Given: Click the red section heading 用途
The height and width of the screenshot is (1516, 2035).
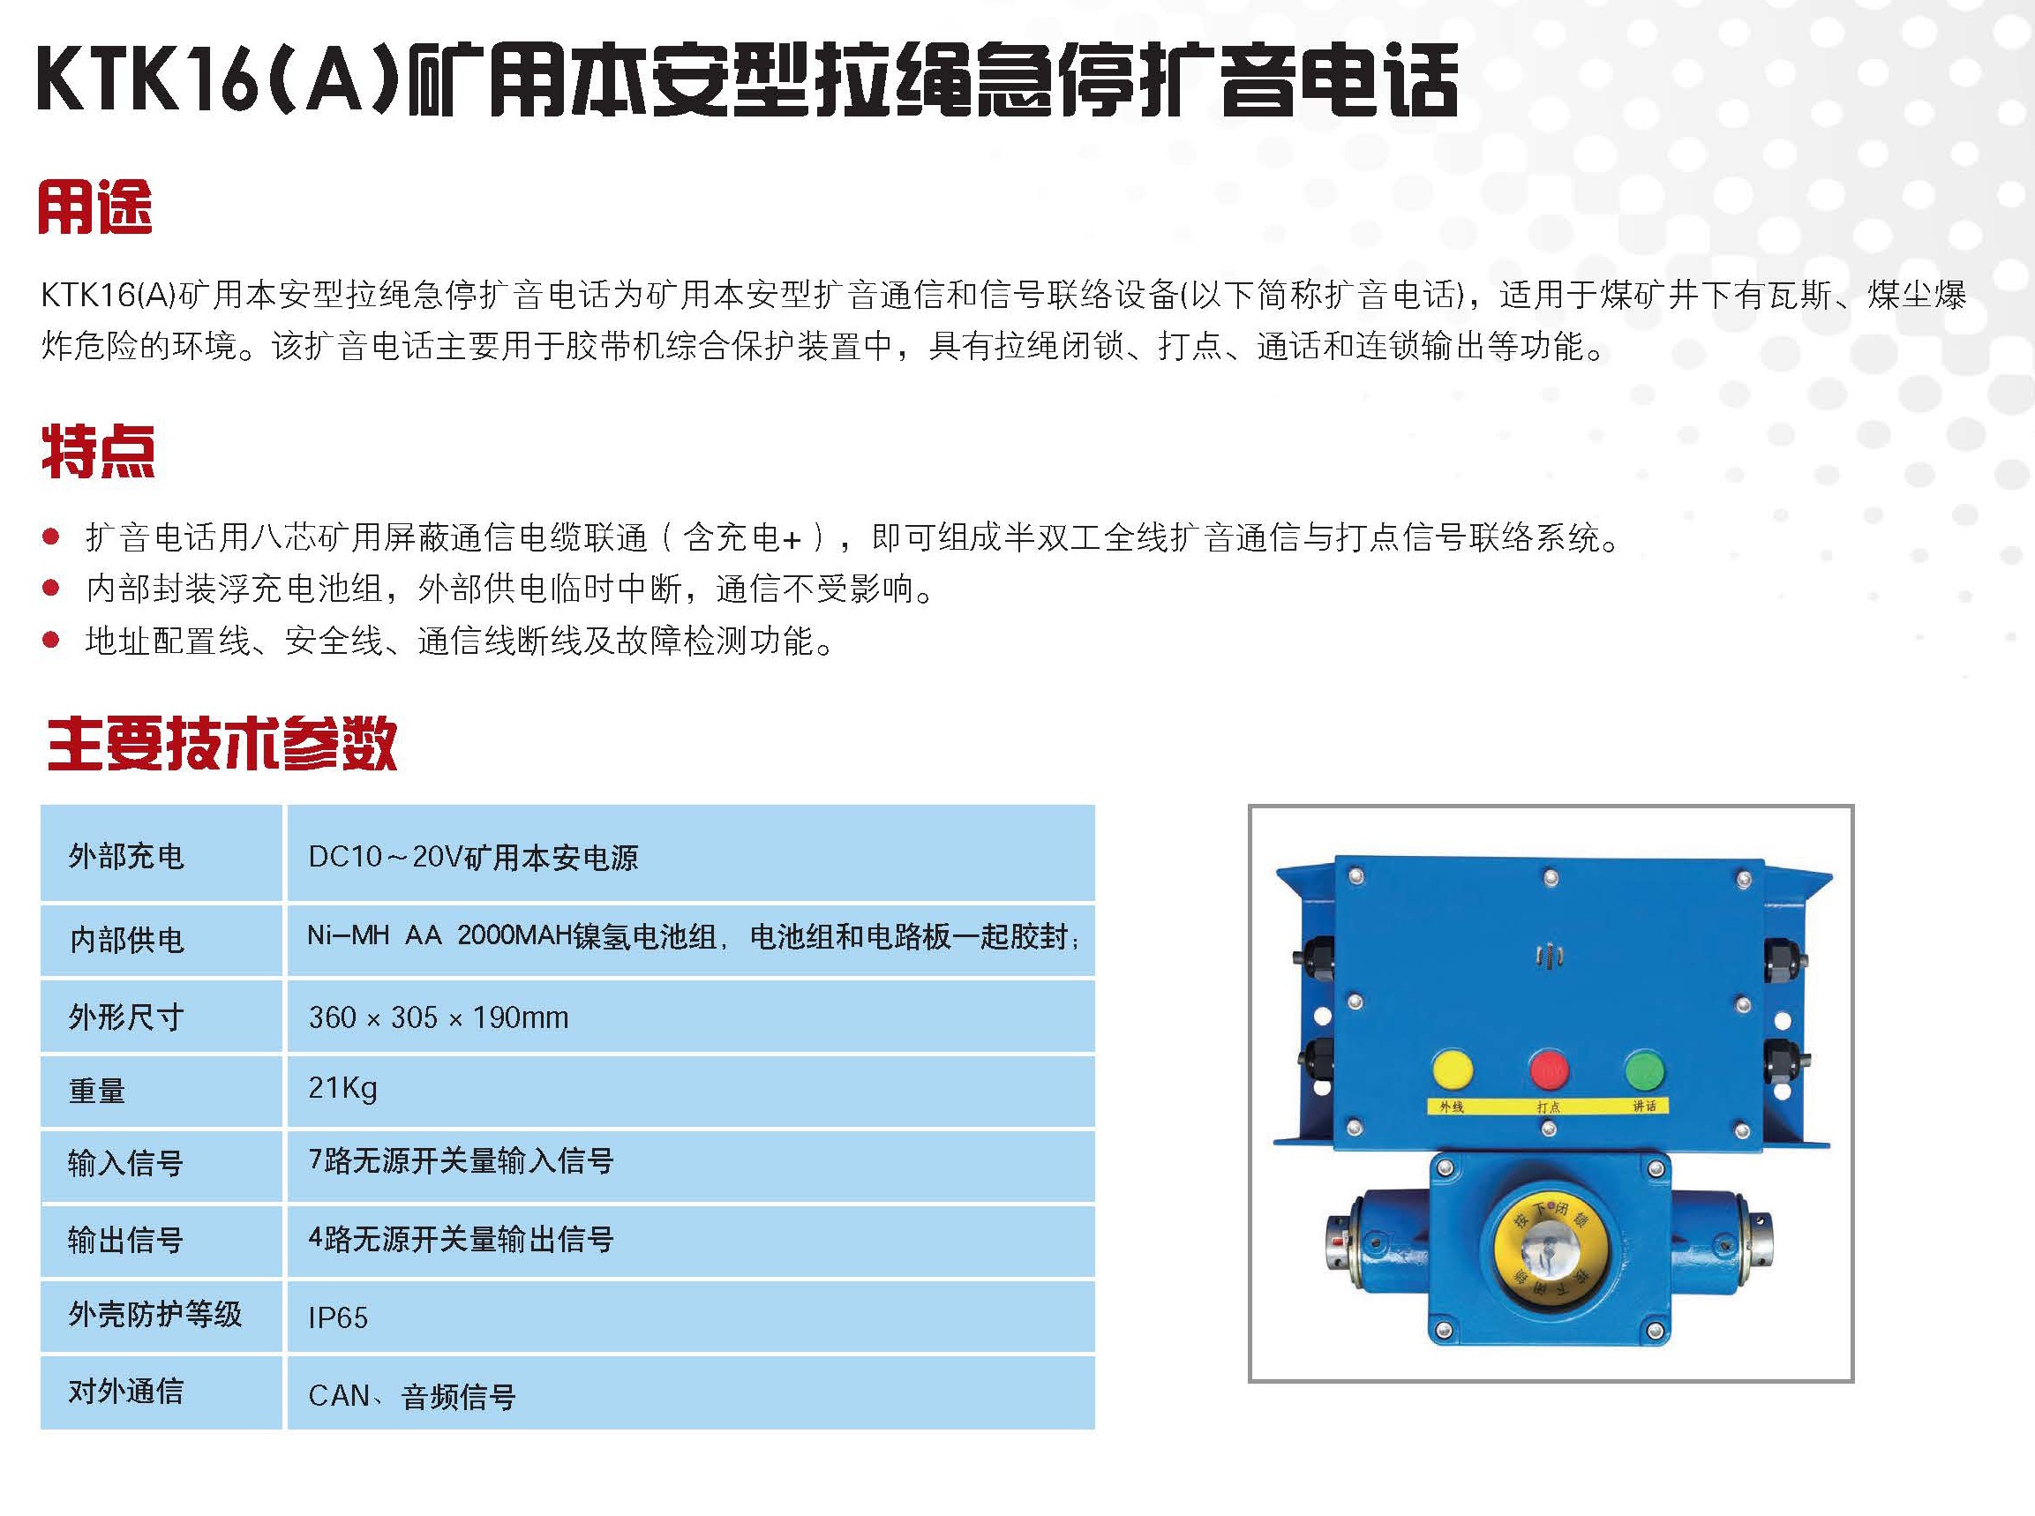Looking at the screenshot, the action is pos(95,206).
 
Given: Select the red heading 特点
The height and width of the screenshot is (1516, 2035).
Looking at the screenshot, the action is pos(98,451).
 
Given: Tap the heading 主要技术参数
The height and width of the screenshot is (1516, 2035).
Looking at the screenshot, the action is pos(222,742).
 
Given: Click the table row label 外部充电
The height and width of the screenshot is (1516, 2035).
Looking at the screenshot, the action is pos(126,856).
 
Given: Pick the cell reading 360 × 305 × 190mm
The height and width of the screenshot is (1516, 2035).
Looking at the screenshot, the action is pos(439,1017).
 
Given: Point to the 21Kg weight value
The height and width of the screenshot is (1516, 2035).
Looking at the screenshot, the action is pos(342,1088).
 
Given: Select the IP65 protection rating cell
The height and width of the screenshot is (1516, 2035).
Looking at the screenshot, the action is pos(338,1317).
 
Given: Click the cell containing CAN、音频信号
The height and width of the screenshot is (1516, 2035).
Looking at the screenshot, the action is pos(412,1396).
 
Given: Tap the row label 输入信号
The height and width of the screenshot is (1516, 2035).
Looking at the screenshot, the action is pos(125,1164).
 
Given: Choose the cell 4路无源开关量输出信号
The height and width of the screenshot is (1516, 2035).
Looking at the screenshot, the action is pos(461,1239).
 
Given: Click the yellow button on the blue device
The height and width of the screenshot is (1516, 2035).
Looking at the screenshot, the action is pos(1452,1070).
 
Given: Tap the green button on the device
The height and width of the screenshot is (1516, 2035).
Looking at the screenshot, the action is pos(1644,1070).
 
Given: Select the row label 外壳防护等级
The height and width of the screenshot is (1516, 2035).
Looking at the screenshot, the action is pos(155,1314).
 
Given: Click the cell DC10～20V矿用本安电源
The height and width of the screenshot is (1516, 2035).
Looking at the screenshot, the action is pos(472,857).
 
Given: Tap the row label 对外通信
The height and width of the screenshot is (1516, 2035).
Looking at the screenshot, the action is pos(125,1392).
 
